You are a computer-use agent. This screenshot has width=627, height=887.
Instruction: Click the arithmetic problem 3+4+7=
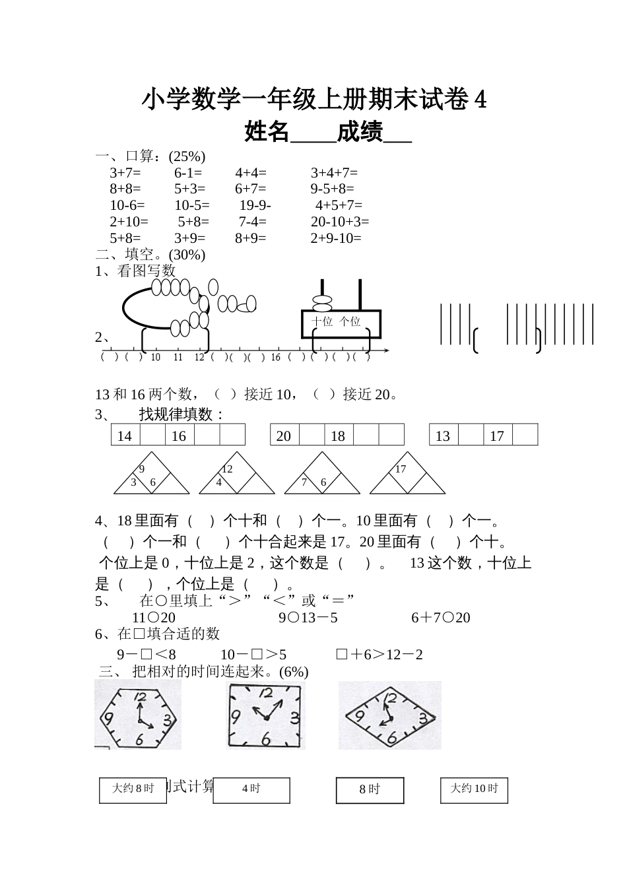pos(334,173)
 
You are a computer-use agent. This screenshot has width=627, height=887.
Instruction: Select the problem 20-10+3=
pos(340,222)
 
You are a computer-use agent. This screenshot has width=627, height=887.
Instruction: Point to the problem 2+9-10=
pos(336,238)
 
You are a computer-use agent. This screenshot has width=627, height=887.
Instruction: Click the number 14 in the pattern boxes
pos(125,436)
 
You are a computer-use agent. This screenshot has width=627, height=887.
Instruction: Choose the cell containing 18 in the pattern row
pos(338,436)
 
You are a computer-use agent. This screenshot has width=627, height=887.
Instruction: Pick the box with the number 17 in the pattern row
pos(497,436)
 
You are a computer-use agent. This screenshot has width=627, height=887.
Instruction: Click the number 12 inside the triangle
pos(227,469)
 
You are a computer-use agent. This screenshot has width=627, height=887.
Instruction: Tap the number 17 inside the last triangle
pos(401,469)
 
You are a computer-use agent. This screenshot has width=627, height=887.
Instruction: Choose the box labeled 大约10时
pos(474,789)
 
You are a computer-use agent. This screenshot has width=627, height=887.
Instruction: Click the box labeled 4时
pos(251,789)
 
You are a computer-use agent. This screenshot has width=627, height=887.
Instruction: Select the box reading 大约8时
pos(133,789)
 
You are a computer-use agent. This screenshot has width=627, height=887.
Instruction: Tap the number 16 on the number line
pos(275,357)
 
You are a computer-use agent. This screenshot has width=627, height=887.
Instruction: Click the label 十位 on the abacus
pos(322,321)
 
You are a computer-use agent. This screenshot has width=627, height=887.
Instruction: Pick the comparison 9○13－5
pos(308,618)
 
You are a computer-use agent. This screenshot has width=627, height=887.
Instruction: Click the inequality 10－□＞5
pos(253,655)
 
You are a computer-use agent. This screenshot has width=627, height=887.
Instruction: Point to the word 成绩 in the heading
pos(360,133)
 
